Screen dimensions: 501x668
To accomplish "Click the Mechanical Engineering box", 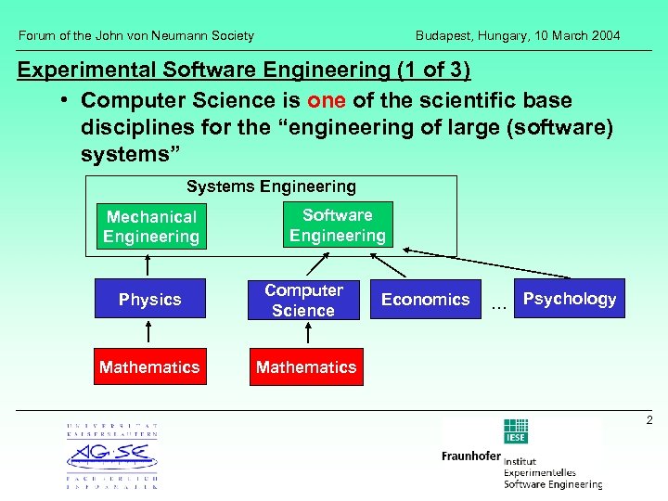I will (x=150, y=226).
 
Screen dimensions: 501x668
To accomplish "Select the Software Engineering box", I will (x=337, y=225).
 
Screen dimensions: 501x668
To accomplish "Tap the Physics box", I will (x=149, y=300).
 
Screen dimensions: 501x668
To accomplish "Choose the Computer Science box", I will (x=303, y=300).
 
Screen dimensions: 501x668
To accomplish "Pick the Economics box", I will (x=425, y=300).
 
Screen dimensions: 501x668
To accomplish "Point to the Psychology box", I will (x=569, y=299).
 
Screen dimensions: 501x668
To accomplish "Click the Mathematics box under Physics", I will (x=149, y=367).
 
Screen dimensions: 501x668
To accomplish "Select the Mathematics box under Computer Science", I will (x=305, y=367).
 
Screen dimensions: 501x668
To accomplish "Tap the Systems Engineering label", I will (x=271, y=186).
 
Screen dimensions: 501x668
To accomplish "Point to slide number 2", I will (x=649, y=421).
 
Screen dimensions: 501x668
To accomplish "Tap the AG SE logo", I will (x=111, y=456).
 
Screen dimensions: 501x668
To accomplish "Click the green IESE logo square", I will (x=515, y=431).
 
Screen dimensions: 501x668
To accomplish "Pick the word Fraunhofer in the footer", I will (x=471, y=456).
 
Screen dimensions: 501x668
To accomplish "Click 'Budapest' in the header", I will (x=442, y=35).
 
